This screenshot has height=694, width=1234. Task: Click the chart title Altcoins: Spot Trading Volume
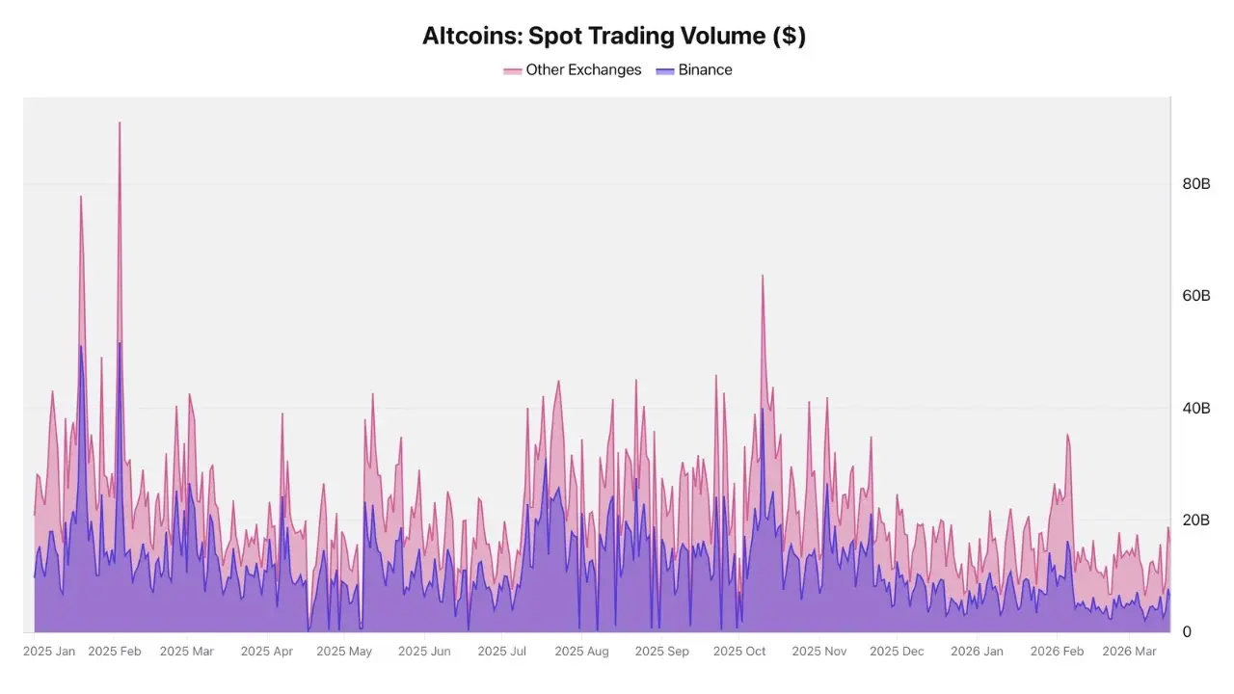tap(614, 37)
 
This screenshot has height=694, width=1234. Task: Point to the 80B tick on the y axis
tap(1195, 183)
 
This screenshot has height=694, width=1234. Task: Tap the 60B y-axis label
tap(1195, 295)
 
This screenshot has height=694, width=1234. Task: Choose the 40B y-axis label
tap(1195, 408)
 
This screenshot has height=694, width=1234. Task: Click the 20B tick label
tap(1195, 520)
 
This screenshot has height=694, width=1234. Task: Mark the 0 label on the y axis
tap(1187, 632)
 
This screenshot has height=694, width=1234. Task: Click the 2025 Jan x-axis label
tap(48, 652)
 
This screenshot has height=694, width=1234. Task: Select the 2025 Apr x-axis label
tap(266, 652)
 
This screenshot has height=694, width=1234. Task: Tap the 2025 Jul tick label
tap(503, 652)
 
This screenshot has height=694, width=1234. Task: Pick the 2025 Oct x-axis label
tap(739, 652)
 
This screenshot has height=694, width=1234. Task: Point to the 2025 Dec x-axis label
tap(897, 652)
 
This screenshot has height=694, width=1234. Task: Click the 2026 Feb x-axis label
tap(1057, 652)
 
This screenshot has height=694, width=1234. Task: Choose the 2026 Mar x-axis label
tap(1129, 652)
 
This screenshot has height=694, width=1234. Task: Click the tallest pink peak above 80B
tap(120, 123)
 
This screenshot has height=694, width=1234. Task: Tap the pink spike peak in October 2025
tap(763, 277)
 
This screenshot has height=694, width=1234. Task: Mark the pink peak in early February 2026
tap(1067, 436)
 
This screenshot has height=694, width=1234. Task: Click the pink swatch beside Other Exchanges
tap(513, 70)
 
